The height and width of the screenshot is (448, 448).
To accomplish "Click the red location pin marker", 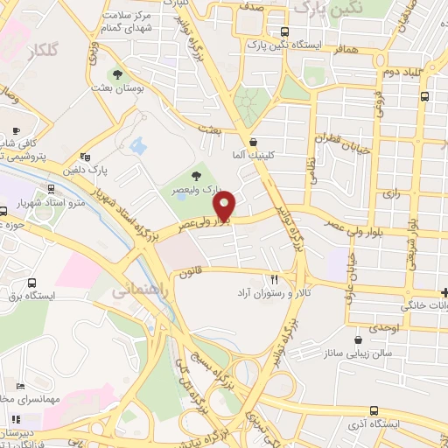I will click(226, 206).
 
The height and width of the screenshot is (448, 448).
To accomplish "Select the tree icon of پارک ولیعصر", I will click(194, 176).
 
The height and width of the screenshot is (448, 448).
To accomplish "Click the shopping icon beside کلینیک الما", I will click(253, 142).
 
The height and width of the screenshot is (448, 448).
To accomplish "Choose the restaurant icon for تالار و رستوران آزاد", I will click(275, 280).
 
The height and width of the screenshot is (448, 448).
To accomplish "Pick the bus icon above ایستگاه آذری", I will click(374, 409).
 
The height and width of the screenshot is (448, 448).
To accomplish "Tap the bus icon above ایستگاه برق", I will click(32, 283).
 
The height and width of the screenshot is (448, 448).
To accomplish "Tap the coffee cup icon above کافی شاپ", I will click(15, 130).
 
